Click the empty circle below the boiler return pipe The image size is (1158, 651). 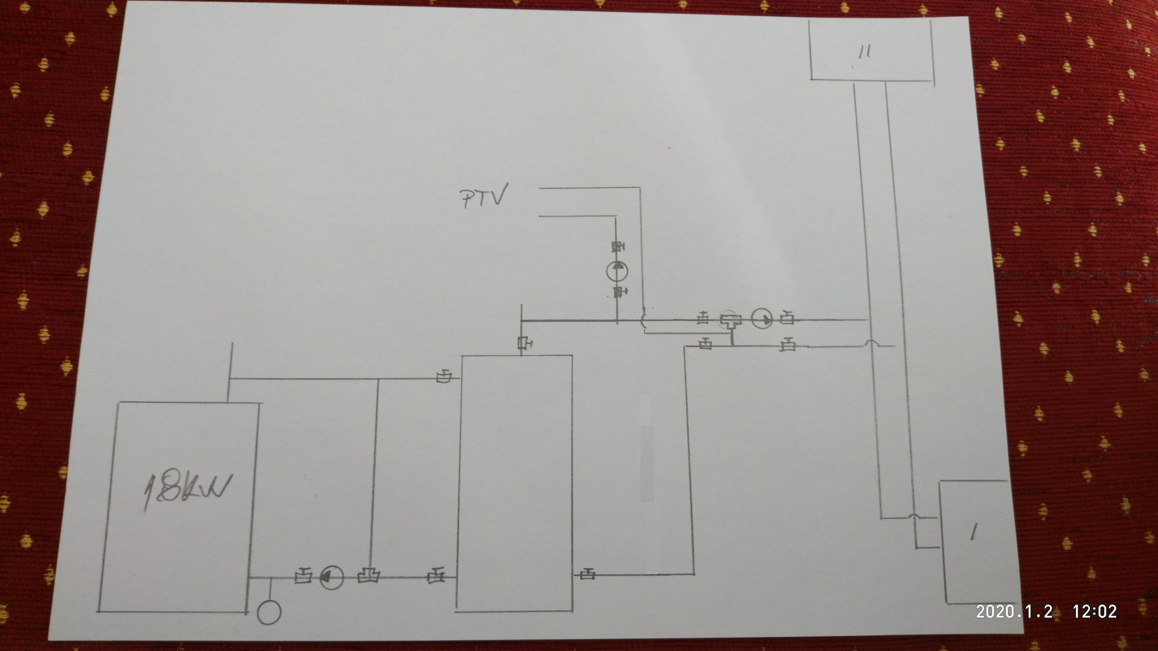[x=269, y=612]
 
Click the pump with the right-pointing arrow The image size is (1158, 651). [x=762, y=319]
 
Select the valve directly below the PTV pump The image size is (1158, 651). [x=619, y=292]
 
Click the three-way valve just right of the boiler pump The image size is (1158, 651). [x=369, y=576]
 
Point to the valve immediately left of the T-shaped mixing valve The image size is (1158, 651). [x=703, y=319]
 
